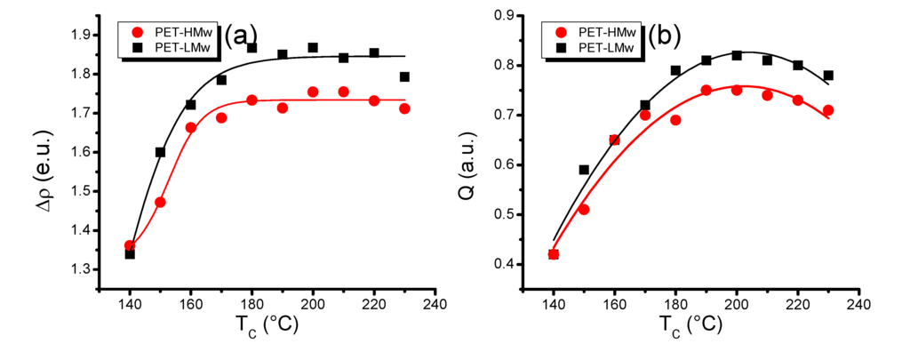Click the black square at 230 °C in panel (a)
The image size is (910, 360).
click(x=405, y=77)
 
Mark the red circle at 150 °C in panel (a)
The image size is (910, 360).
click(x=160, y=202)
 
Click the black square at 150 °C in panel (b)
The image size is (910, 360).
click(x=584, y=170)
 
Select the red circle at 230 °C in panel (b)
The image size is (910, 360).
click(x=828, y=110)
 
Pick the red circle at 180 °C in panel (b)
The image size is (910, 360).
click(x=675, y=120)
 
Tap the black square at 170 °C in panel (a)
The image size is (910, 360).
click(x=221, y=80)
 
